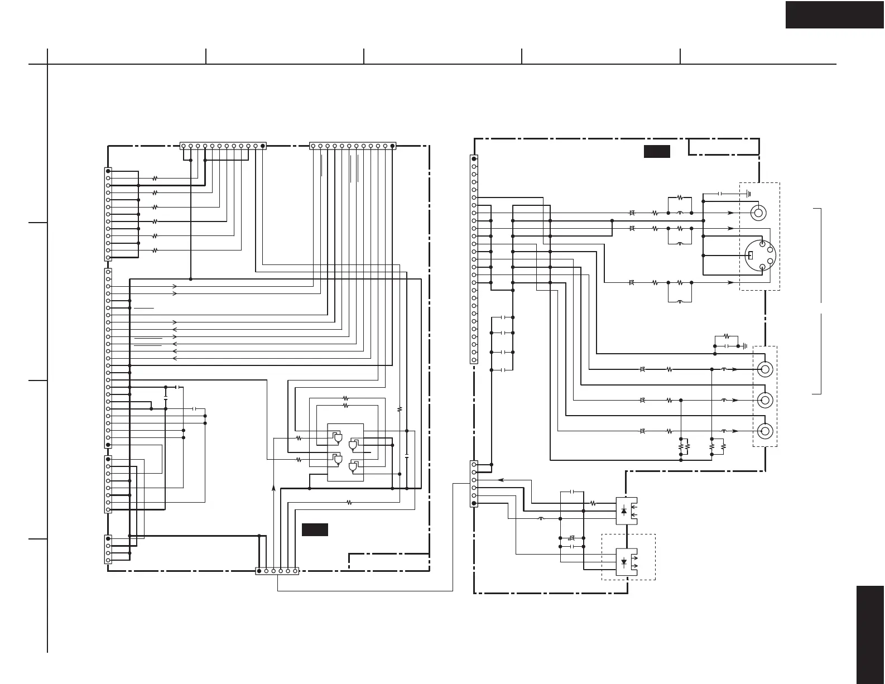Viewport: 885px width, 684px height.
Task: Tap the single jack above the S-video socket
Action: (x=758, y=213)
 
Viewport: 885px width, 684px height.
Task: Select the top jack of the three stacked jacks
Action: (x=765, y=369)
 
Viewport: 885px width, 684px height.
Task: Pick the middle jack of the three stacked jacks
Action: (x=765, y=401)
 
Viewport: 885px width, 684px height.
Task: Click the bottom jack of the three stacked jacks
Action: (x=765, y=431)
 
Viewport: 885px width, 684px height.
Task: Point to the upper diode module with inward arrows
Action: (x=626, y=510)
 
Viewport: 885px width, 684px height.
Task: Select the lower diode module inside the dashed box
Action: (x=626, y=561)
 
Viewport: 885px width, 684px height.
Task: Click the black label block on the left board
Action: (x=315, y=529)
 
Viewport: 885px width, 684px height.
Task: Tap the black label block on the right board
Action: (x=657, y=151)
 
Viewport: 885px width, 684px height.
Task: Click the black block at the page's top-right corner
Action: (x=835, y=14)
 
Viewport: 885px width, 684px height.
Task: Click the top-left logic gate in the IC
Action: (x=336, y=439)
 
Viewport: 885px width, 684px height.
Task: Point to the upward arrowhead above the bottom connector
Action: (x=273, y=488)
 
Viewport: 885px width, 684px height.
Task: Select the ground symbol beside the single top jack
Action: (x=748, y=194)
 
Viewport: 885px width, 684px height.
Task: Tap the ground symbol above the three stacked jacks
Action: (x=744, y=346)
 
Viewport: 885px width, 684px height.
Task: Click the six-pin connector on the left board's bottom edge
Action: (x=277, y=571)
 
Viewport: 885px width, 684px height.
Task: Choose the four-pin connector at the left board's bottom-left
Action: (x=108, y=550)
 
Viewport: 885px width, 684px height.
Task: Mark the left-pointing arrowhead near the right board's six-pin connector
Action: (x=500, y=479)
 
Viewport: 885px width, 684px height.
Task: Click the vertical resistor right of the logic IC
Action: (x=400, y=409)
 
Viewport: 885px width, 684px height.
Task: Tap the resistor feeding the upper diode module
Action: (x=593, y=503)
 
